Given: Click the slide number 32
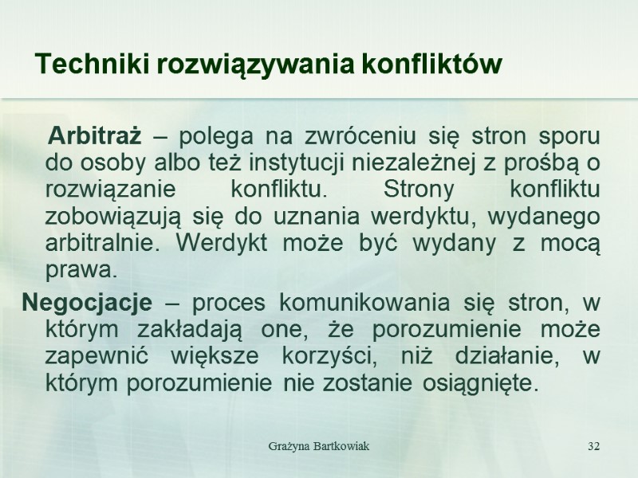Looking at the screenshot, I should pyautogui.click(x=593, y=445).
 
